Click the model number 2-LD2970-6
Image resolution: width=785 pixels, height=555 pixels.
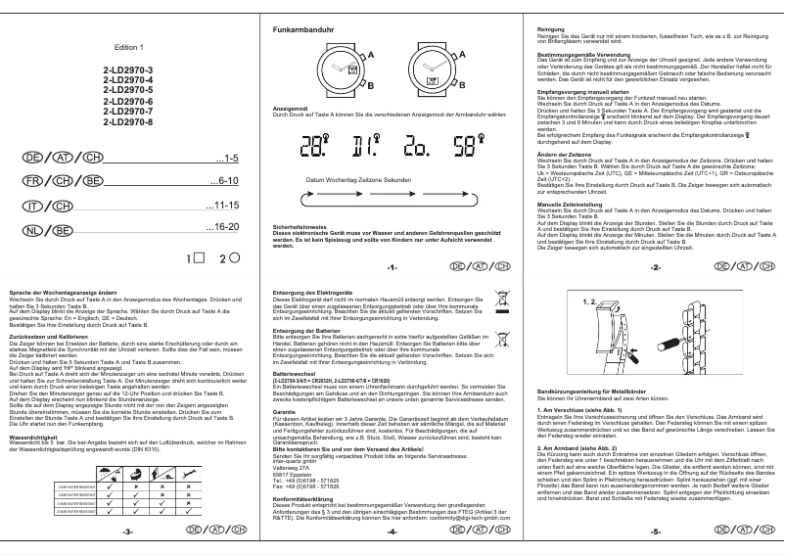click(129, 101)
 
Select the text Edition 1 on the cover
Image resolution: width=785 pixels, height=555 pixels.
click(128, 47)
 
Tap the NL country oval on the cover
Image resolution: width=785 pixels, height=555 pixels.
click(33, 230)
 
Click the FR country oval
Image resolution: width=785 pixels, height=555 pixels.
click(33, 182)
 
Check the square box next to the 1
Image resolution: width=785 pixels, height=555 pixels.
click(199, 257)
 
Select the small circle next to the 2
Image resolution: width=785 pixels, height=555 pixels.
click(235, 257)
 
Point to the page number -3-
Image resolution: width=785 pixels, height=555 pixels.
click(127, 533)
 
